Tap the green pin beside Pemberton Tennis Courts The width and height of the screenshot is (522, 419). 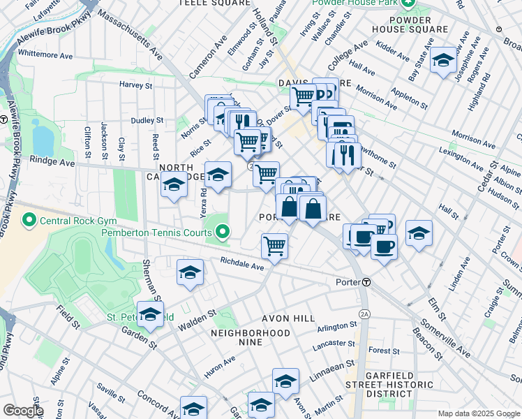click(223, 231)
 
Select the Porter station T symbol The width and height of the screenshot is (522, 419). click(366, 282)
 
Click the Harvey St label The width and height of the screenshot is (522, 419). click(135, 85)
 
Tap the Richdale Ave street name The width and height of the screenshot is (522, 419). click(241, 265)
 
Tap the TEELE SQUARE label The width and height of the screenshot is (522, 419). click(214, 3)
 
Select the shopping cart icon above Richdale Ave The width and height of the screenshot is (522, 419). click(275, 246)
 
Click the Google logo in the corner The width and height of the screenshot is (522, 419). click(23, 411)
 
